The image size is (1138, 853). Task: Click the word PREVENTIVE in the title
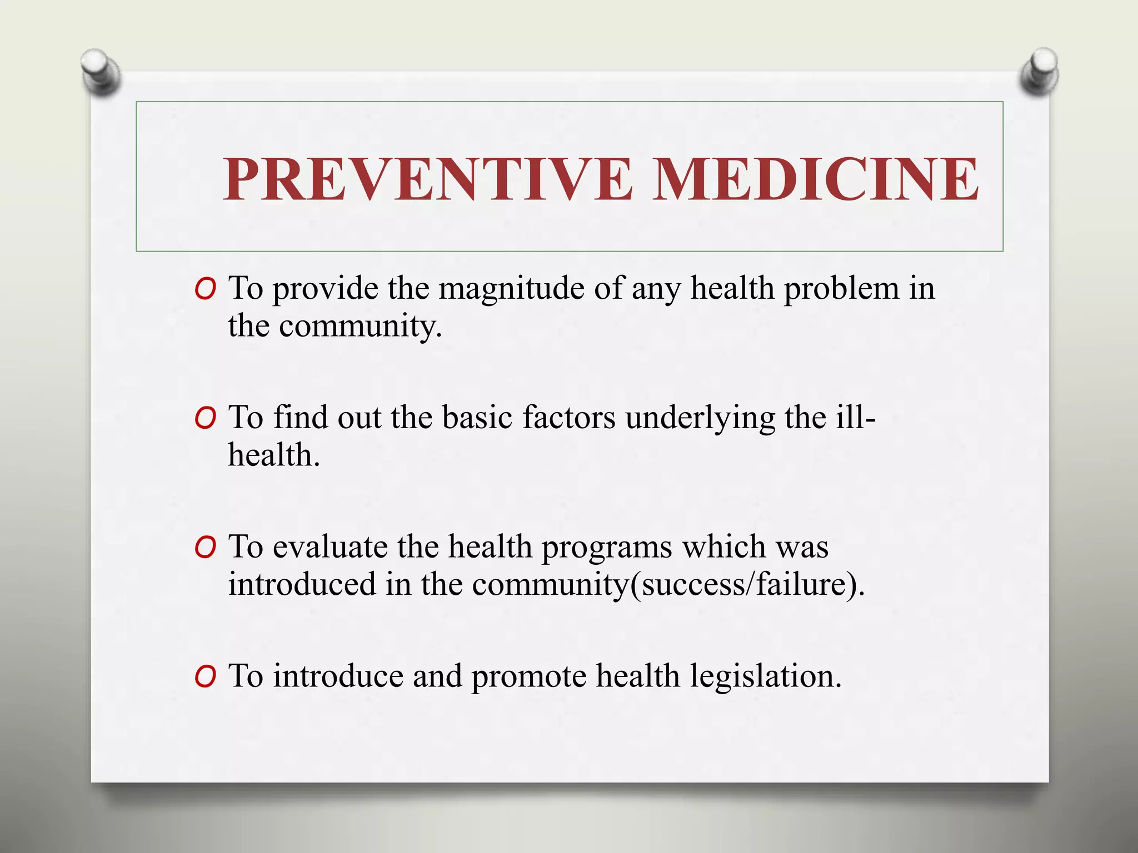point(428,179)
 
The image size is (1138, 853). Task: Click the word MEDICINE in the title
point(815,179)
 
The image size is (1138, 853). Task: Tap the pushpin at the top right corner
point(1040,71)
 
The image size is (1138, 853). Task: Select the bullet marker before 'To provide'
point(205,289)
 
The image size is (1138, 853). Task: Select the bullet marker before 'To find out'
point(205,419)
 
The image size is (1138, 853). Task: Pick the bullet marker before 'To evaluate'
point(205,548)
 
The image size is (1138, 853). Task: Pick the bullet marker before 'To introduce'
point(205,677)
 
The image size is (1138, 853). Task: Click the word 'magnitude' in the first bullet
point(511,289)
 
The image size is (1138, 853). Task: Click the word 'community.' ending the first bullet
point(360,326)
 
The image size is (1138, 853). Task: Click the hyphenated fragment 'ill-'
point(856,418)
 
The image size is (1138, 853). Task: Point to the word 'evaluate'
point(330,547)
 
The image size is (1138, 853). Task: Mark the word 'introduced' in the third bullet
point(302,585)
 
